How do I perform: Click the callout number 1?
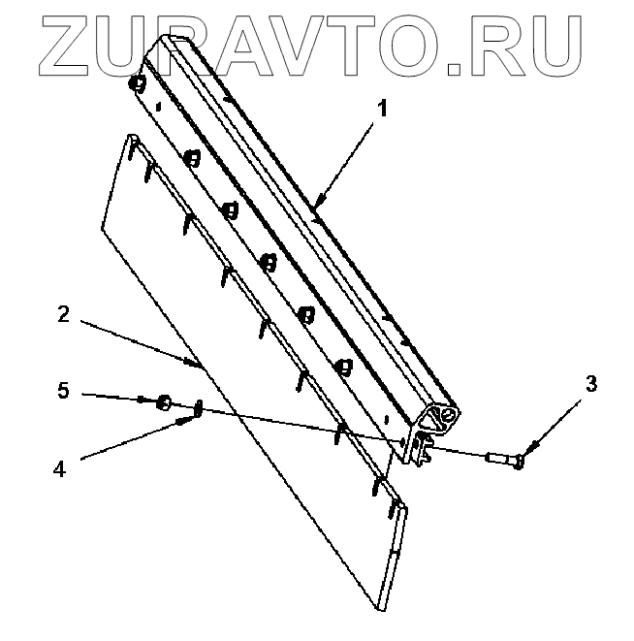coord(382,109)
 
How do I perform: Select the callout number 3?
coord(591,383)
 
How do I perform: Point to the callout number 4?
coord(59,466)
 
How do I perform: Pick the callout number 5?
coord(62,391)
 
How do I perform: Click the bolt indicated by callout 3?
coord(505,455)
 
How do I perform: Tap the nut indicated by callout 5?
coord(164,401)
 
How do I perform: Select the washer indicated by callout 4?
coord(197,408)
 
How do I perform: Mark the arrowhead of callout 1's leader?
coord(316,205)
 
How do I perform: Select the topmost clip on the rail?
coord(140,83)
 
